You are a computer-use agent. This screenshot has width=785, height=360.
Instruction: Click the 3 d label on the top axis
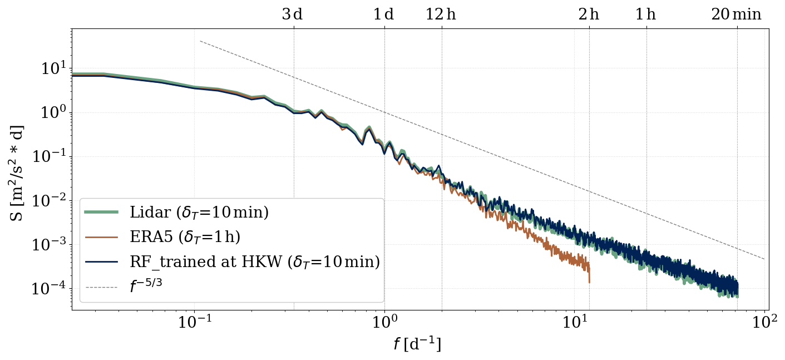[292, 14]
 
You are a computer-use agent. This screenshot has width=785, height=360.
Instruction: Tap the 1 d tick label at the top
[383, 14]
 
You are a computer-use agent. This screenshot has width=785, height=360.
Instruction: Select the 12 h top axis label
[441, 14]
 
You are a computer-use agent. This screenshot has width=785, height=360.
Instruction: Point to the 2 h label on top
[589, 14]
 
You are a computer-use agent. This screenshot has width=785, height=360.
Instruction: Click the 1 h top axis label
[645, 14]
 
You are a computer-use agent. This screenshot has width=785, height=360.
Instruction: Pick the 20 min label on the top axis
[736, 14]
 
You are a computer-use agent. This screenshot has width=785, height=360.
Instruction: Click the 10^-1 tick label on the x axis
[195, 323]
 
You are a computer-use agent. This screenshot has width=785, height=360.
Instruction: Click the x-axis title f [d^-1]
[417, 345]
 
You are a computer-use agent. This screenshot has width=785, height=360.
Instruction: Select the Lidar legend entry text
[199, 213]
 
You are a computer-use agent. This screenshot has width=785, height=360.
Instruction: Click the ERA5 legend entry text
[185, 237]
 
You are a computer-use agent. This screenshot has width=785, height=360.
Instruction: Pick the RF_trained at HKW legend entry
[254, 262]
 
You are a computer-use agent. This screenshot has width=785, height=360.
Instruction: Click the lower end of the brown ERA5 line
[589, 282]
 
